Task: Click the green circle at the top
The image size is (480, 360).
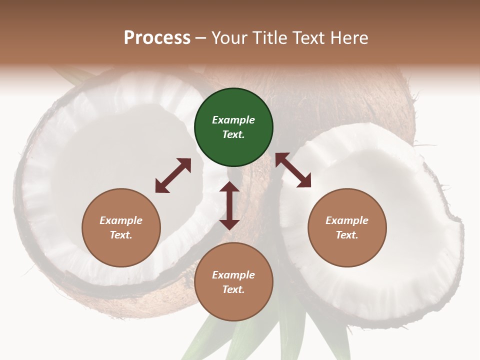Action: click(x=233, y=127)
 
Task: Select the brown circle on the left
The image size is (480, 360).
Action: click(x=121, y=227)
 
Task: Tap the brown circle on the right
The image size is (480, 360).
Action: click(x=347, y=227)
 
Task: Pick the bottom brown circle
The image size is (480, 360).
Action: click(x=233, y=282)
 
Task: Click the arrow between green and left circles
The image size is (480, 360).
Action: click(x=173, y=175)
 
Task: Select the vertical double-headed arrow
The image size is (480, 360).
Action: click(x=229, y=205)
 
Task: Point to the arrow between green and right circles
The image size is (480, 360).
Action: click(x=293, y=170)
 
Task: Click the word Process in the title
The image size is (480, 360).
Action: click(x=157, y=37)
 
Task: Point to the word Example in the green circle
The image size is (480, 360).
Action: click(x=233, y=120)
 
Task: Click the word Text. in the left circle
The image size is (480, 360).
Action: click(x=121, y=235)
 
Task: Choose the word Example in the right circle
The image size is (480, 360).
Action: click(x=347, y=220)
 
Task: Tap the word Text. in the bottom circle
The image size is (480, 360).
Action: click(x=233, y=289)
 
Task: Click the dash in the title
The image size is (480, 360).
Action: click(x=200, y=38)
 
